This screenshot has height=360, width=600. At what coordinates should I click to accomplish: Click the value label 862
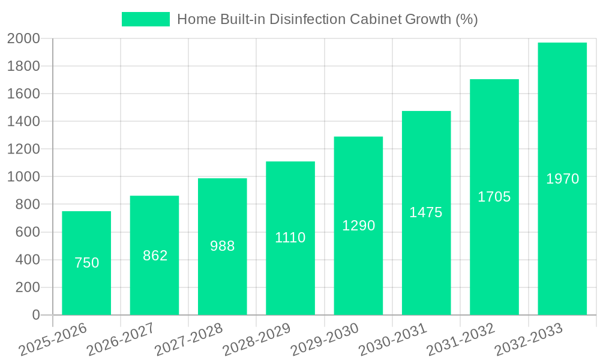(155, 256)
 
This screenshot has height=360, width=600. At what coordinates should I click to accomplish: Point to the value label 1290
(358, 226)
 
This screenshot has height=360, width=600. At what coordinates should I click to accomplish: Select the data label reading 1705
(494, 197)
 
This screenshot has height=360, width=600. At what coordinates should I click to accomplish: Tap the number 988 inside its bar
(223, 246)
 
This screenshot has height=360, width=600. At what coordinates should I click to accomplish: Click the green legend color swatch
(145, 19)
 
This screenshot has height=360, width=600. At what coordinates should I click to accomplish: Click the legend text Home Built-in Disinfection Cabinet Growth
(327, 19)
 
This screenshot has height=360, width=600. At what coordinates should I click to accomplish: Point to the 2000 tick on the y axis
(23, 38)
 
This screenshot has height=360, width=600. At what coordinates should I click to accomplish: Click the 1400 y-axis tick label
(23, 121)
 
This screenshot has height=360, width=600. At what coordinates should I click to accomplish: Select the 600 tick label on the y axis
(28, 232)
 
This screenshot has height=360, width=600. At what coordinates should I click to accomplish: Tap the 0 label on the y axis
(36, 315)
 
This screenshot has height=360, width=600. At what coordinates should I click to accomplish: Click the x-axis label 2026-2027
(120, 339)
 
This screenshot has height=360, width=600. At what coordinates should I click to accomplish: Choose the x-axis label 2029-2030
(324, 339)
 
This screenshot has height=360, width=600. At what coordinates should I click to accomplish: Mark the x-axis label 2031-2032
(460, 339)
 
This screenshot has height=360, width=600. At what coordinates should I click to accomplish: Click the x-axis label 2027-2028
(188, 339)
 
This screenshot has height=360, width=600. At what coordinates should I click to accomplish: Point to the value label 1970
(562, 179)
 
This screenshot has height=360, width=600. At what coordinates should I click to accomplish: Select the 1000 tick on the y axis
(23, 177)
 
